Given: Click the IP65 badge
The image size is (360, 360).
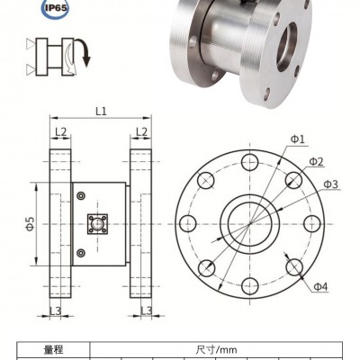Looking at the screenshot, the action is click(54, 7).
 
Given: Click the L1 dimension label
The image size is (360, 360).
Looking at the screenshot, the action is click(101, 112).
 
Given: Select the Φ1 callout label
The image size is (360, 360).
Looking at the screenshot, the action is click(298, 139).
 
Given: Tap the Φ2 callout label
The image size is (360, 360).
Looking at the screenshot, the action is click(317, 162).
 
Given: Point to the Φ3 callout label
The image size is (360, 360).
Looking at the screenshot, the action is click(331, 184).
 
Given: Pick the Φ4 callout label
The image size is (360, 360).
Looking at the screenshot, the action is click(320, 287).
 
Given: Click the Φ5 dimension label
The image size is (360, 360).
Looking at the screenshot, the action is click(31, 224).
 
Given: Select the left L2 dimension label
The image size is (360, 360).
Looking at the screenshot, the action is click(60, 131).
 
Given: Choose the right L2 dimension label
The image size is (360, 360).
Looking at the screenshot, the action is click(141, 131).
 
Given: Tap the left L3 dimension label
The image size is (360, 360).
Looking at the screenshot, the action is click(55, 311).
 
